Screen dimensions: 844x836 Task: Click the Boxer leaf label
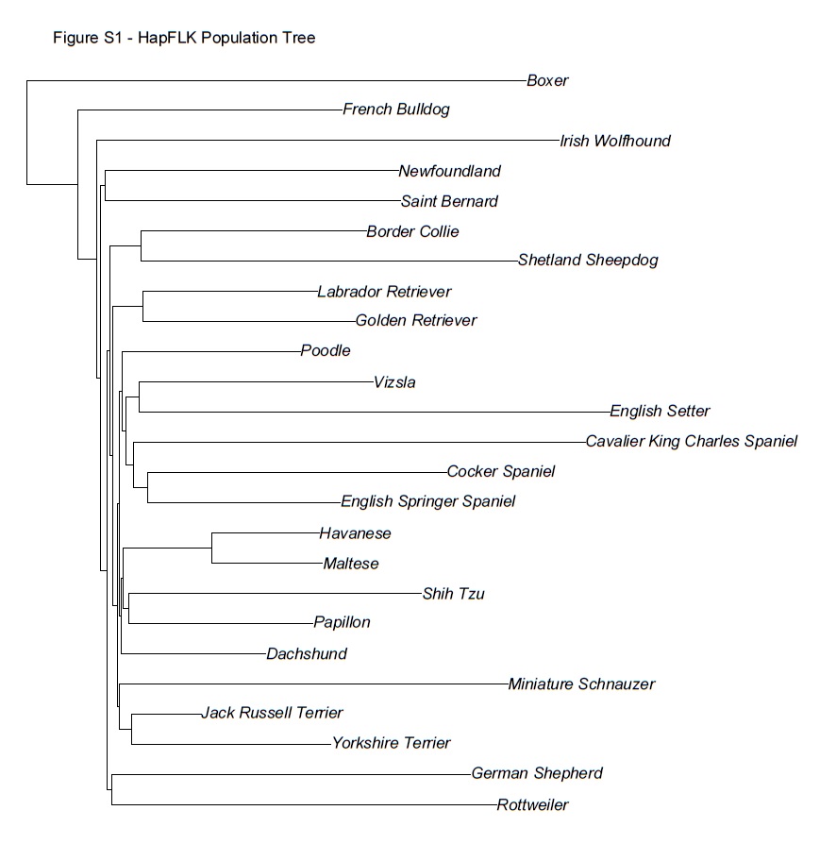[547, 81]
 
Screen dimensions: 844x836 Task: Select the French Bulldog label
[396, 110]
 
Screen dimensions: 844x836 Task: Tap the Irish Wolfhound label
[614, 142]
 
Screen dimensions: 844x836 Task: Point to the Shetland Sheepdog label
[588, 261]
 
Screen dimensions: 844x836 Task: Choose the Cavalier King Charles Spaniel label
[691, 442]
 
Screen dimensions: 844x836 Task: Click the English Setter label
[660, 412]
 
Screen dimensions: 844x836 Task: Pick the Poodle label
[326, 351]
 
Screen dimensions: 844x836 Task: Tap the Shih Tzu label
[453, 595]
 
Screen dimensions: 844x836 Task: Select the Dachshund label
[307, 654]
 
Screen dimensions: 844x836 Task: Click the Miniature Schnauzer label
[580, 684]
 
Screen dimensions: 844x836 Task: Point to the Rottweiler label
[532, 805]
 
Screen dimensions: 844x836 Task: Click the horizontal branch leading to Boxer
[274, 82]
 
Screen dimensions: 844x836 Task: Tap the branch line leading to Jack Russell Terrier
[165, 715]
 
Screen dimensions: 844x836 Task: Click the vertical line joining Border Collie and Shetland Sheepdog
[141, 245]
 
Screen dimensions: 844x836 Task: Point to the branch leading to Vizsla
[255, 382]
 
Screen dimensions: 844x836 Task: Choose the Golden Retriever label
[416, 321]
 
